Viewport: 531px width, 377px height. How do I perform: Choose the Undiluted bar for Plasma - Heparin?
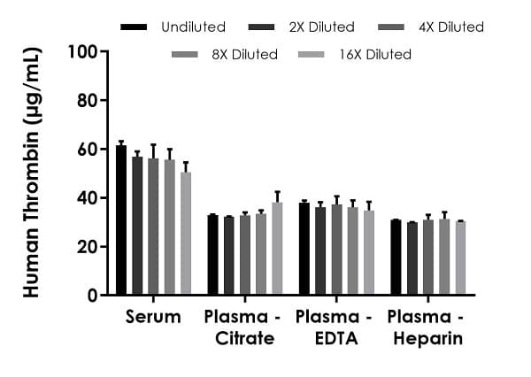(x=396, y=257)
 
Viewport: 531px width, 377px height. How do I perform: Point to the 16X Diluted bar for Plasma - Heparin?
(x=460, y=258)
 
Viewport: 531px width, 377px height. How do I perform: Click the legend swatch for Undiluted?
(x=134, y=27)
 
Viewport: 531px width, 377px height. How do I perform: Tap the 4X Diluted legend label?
(x=451, y=27)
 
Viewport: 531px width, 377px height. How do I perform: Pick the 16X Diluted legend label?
(x=375, y=55)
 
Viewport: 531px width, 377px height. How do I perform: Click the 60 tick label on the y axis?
(x=86, y=149)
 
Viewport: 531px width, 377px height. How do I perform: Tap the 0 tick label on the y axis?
(x=92, y=296)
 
